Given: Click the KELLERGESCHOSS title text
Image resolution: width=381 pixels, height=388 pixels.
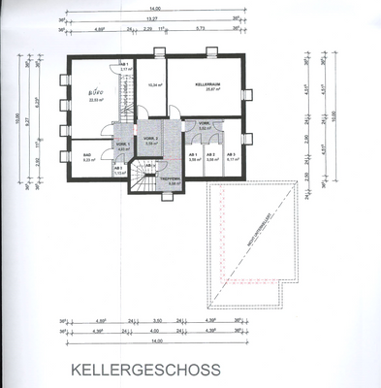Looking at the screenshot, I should pos(145,369).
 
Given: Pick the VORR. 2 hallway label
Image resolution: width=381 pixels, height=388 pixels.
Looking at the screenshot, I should pos(150,141).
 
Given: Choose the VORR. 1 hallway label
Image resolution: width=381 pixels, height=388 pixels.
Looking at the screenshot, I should pos(123,144).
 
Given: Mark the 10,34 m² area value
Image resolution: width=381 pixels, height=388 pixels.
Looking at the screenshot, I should pos(150,85).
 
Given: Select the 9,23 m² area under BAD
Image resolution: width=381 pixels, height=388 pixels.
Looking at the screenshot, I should pos(88,160).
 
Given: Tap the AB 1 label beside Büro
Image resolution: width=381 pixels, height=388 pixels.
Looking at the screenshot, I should pos(125,66).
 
